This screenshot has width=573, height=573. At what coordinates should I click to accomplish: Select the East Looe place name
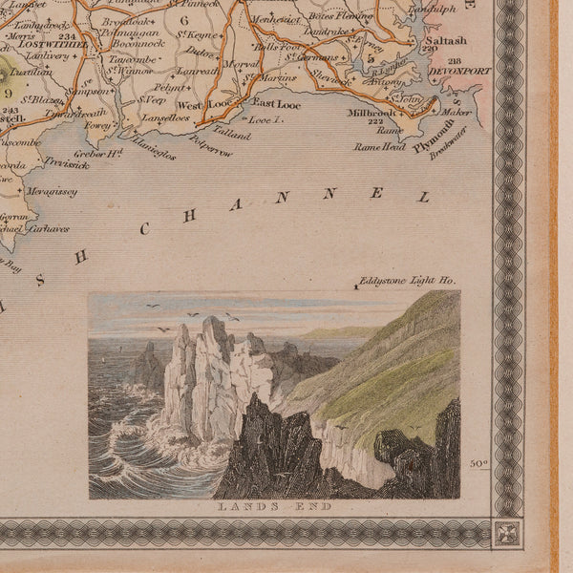click(274, 101)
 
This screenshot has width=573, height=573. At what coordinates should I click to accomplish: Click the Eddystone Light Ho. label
click(409, 283)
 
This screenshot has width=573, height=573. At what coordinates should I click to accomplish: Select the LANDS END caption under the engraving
click(274, 506)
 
